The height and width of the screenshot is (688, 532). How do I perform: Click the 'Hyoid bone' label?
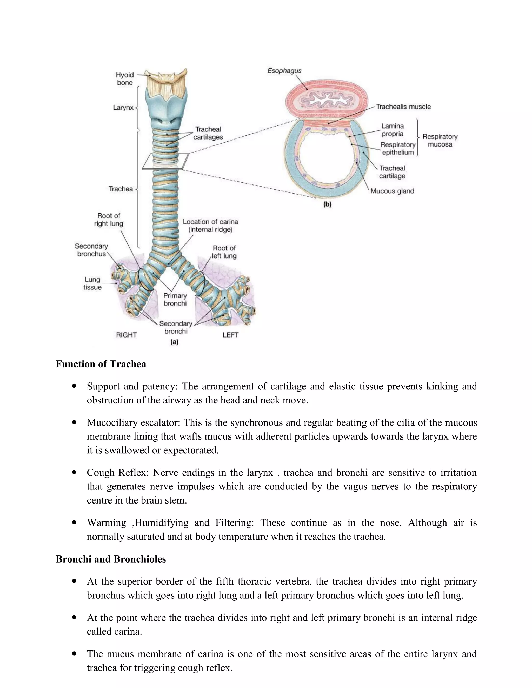[125, 79]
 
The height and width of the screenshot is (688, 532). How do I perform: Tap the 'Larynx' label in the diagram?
[123, 108]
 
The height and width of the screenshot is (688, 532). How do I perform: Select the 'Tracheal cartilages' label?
[208, 133]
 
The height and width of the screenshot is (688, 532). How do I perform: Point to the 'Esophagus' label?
[284, 71]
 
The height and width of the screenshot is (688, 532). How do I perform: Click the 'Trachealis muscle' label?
[403, 107]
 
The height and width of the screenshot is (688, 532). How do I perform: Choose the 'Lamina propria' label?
[392, 130]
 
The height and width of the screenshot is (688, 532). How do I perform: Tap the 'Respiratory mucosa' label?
[440, 141]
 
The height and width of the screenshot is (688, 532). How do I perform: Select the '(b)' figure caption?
[327, 204]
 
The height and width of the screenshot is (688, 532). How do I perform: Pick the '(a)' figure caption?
[174, 342]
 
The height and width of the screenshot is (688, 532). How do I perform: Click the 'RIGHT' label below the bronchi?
[126, 335]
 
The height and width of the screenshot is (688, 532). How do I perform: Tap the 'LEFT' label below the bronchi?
[230, 335]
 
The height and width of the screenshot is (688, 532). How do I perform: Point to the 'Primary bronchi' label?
[175, 300]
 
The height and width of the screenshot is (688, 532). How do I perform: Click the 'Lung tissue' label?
[92, 283]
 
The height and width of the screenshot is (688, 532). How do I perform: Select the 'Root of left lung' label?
[224, 252]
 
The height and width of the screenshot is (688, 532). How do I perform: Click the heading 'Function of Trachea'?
[101, 364]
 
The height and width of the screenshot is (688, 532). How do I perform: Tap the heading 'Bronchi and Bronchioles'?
[111, 559]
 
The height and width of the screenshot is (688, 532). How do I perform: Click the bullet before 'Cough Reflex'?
[74, 473]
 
